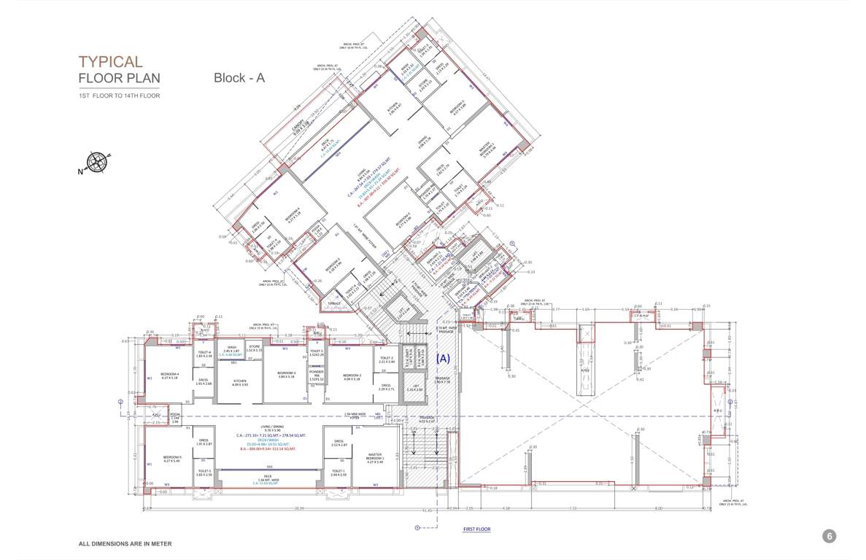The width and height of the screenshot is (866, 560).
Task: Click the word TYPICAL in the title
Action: pyautogui.click(x=111, y=62)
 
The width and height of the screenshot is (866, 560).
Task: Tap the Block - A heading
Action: pyautogui.click(x=239, y=78)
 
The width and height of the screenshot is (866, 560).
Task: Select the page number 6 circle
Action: pyautogui.click(x=829, y=536)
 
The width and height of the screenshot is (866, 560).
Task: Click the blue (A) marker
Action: pyautogui.click(x=443, y=359)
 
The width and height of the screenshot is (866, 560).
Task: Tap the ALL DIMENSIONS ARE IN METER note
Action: pyautogui.click(x=125, y=544)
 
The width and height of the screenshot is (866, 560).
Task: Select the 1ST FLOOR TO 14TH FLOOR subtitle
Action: pyautogui.click(x=120, y=96)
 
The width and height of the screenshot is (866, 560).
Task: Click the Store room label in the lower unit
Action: pyautogui.click(x=254, y=346)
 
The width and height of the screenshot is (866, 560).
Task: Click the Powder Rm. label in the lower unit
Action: pyautogui.click(x=316, y=374)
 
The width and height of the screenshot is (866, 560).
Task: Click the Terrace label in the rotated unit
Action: pyautogui.click(x=333, y=303)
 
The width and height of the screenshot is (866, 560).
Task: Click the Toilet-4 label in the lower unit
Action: pyautogui.click(x=204, y=353)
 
